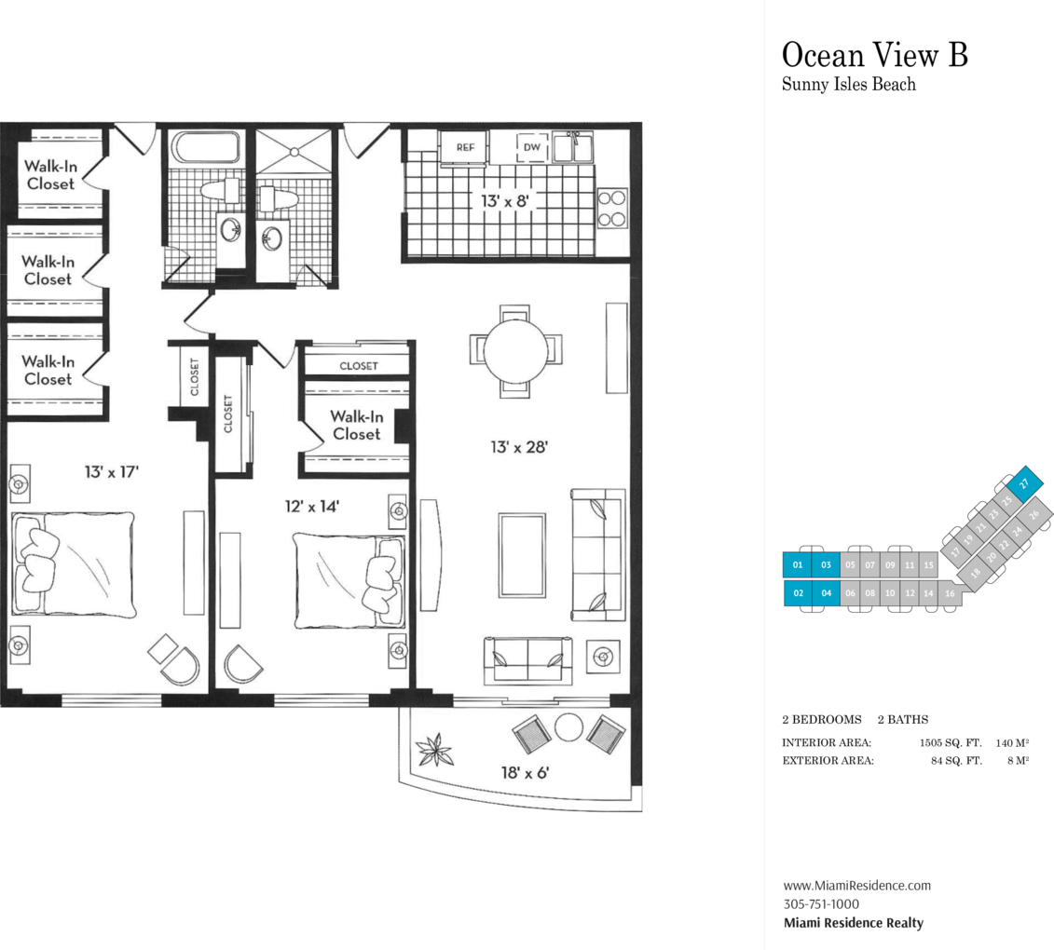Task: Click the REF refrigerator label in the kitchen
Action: [465, 147]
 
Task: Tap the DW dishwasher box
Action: [532, 147]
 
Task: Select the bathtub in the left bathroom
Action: [206, 147]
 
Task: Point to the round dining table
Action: [515, 351]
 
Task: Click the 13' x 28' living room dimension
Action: [519, 447]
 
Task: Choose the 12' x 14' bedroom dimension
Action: [312, 506]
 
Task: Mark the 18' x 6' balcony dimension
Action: [525, 773]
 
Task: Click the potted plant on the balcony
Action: [434, 750]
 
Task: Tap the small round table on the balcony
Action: [568, 727]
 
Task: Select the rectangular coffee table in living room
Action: [522, 555]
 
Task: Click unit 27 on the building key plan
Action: [1024, 483]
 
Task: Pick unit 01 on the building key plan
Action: [797, 565]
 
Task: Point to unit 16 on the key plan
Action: [949, 593]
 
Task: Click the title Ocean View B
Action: [874, 54]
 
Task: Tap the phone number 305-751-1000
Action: [821, 904]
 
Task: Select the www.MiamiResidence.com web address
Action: [857, 886]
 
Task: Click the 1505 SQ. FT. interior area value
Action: [951, 743]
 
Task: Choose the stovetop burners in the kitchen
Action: [612, 209]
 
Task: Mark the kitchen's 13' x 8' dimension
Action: [505, 201]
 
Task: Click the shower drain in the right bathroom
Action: [294, 153]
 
